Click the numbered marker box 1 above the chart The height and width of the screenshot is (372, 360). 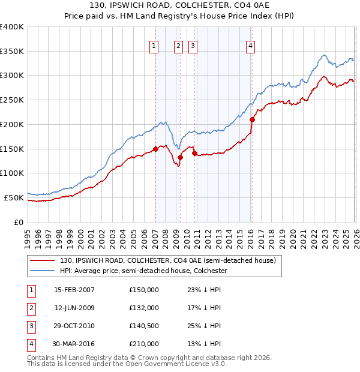click(154, 46)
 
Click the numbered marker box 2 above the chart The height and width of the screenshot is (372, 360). click(179, 46)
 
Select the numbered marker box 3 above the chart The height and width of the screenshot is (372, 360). click(193, 46)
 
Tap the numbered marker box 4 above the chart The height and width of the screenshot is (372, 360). click(250, 46)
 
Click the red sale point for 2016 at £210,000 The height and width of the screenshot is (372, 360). click(252, 119)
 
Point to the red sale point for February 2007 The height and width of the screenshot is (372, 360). click(155, 149)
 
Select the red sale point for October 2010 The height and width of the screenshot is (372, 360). click(194, 153)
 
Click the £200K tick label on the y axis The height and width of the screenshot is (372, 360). click(11, 124)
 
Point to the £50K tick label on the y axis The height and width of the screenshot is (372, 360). click(13, 197)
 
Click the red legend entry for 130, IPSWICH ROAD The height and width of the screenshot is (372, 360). click(167, 260)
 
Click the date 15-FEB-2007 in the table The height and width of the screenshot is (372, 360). click(74, 290)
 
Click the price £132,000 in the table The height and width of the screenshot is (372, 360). click(144, 308)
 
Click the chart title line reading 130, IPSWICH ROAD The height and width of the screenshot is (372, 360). click(180, 6)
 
